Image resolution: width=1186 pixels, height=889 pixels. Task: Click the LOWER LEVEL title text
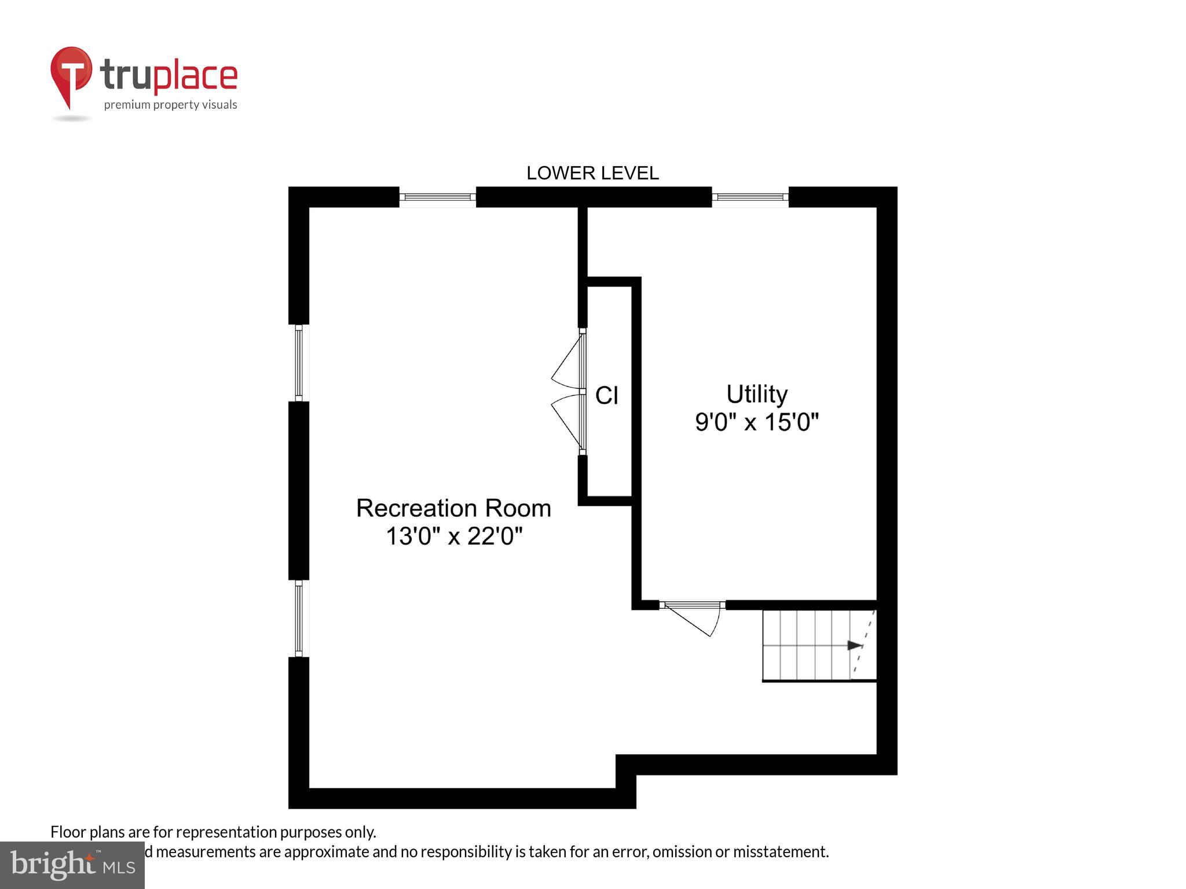point(592,173)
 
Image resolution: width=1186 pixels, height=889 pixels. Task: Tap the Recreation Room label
point(453,508)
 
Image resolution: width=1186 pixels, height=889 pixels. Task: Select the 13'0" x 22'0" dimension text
point(454,536)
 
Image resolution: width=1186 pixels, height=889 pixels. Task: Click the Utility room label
point(757,394)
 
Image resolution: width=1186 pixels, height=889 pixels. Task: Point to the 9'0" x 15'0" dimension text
point(757,422)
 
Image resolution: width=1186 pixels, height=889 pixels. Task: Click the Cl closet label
point(607,396)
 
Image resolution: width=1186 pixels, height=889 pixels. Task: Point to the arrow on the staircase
point(854,645)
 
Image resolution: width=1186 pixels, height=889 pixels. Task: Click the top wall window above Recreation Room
point(438,197)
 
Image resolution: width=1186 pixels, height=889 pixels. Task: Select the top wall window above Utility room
point(750,197)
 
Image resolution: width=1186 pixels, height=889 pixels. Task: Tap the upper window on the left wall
point(299,363)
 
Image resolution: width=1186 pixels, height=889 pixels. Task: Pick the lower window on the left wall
point(299,619)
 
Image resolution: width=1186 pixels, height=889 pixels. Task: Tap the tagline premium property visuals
point(170,105)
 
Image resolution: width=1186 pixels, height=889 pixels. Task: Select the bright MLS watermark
point(72,865)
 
